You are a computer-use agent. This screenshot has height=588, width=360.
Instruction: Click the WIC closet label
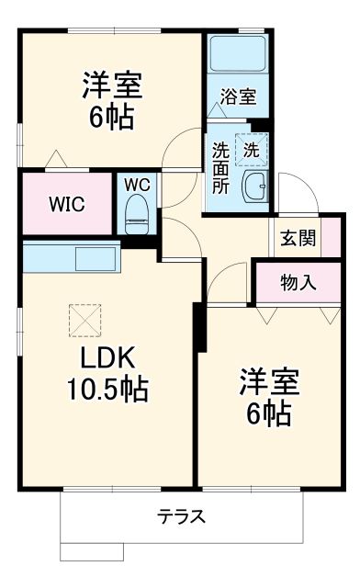tap(67, 203)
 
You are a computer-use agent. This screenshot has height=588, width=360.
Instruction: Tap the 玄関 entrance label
tap(298, 239)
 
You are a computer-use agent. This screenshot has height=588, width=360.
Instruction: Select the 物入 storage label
tap(298, 283)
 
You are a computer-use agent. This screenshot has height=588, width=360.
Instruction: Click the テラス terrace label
tap(181, 515)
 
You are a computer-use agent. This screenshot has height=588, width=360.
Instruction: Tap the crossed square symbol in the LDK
tap(83, 320)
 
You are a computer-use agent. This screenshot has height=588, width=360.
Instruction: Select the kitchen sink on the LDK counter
tap(95, 256)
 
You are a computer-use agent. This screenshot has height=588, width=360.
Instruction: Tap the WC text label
tap(139, 182)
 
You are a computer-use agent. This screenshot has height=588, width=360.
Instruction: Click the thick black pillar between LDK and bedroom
tap(197, 326)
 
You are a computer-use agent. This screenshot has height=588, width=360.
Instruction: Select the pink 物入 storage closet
tap(298, 283)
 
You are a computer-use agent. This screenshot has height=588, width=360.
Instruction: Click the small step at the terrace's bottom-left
tap(91, 551)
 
